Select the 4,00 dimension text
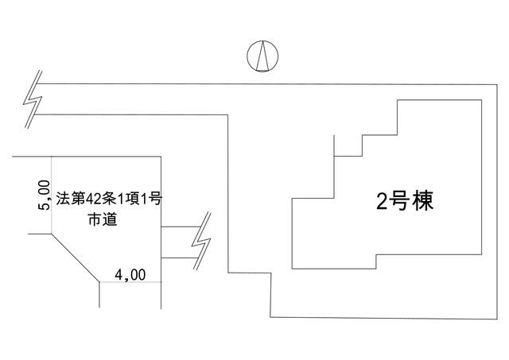(130, 275)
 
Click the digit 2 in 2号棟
(383, 202)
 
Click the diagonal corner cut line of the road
(76, 257)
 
